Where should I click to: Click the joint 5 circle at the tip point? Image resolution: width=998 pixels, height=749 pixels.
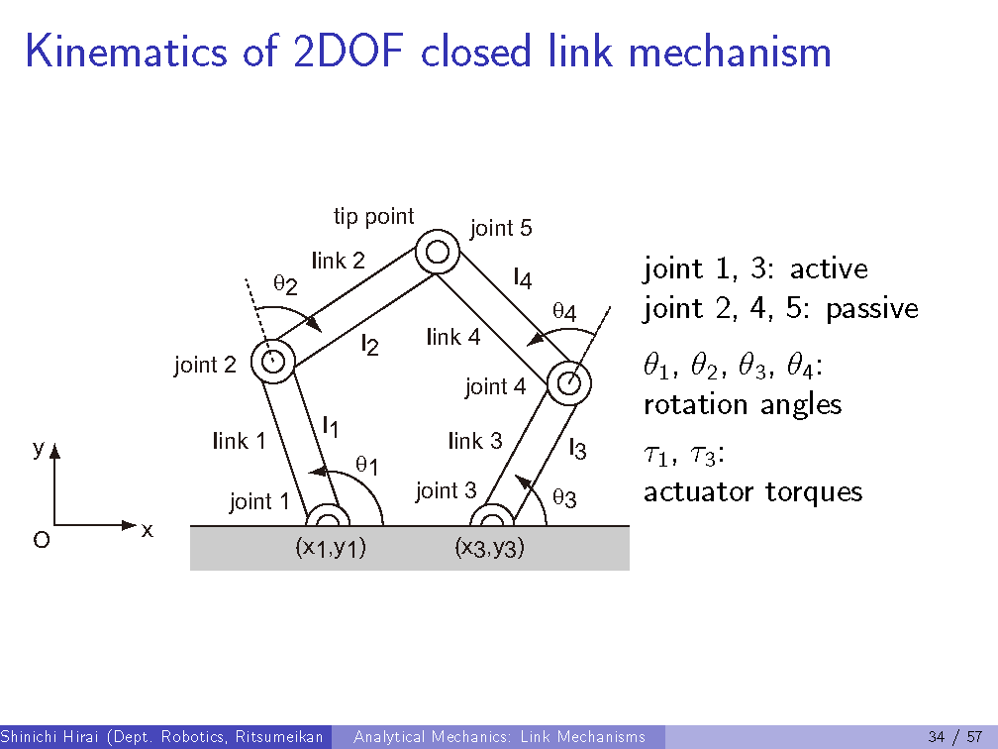tap(437, 252)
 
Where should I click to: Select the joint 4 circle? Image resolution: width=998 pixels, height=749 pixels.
tap(569, 383)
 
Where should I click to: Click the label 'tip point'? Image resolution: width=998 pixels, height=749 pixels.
tap(373, 216)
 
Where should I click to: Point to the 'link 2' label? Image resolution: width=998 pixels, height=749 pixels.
tap(339, 261)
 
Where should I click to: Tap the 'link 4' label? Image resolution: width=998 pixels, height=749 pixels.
tap(453, 337)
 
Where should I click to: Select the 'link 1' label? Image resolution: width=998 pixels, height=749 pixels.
tap(239, 441)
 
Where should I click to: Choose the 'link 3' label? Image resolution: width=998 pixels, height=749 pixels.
tap(475, 441)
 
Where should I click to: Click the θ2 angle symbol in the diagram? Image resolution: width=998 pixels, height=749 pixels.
tap(285, 285)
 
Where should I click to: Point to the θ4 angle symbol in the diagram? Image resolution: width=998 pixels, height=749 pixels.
tap(564, 312)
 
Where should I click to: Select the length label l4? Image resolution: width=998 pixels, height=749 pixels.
tap(523, 278)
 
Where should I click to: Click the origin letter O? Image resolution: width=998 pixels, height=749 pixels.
tap(41, 541)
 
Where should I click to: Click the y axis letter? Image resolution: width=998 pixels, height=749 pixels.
tap(37, 449)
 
